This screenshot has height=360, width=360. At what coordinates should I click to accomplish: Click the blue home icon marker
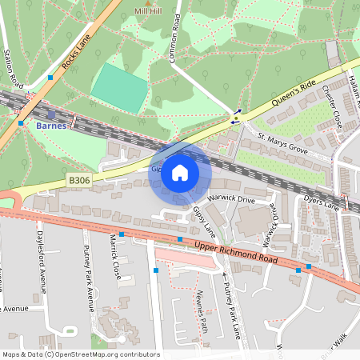pyautogui.click(x=180, y=173)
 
